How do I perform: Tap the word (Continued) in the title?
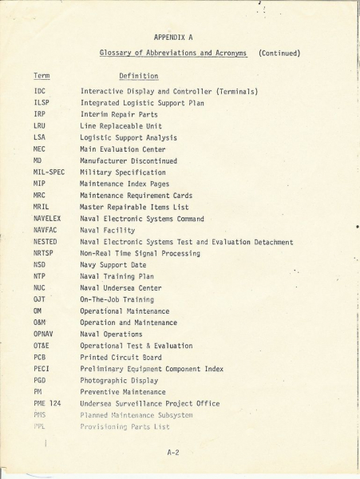point(279,53)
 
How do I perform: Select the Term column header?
point(42,76)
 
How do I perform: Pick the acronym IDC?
point(40,91)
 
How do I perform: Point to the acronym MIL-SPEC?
point(49,172)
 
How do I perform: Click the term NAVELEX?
point(48,219)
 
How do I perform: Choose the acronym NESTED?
point(45,242)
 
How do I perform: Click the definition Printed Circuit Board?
point(122,358)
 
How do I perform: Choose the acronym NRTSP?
point(43,253)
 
